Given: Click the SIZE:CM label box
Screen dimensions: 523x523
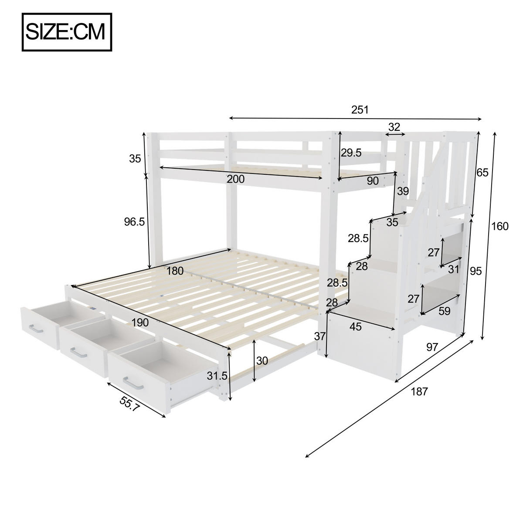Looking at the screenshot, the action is coord(67,32).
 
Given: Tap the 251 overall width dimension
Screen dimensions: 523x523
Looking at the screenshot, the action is coord(360,110).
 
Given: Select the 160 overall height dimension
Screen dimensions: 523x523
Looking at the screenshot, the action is coord(499,226).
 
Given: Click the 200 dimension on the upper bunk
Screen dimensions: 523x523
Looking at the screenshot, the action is coord(236,179).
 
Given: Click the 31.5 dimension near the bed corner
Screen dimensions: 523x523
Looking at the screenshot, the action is coord(217,375).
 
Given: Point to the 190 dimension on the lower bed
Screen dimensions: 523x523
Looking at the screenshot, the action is coord(140,323).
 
